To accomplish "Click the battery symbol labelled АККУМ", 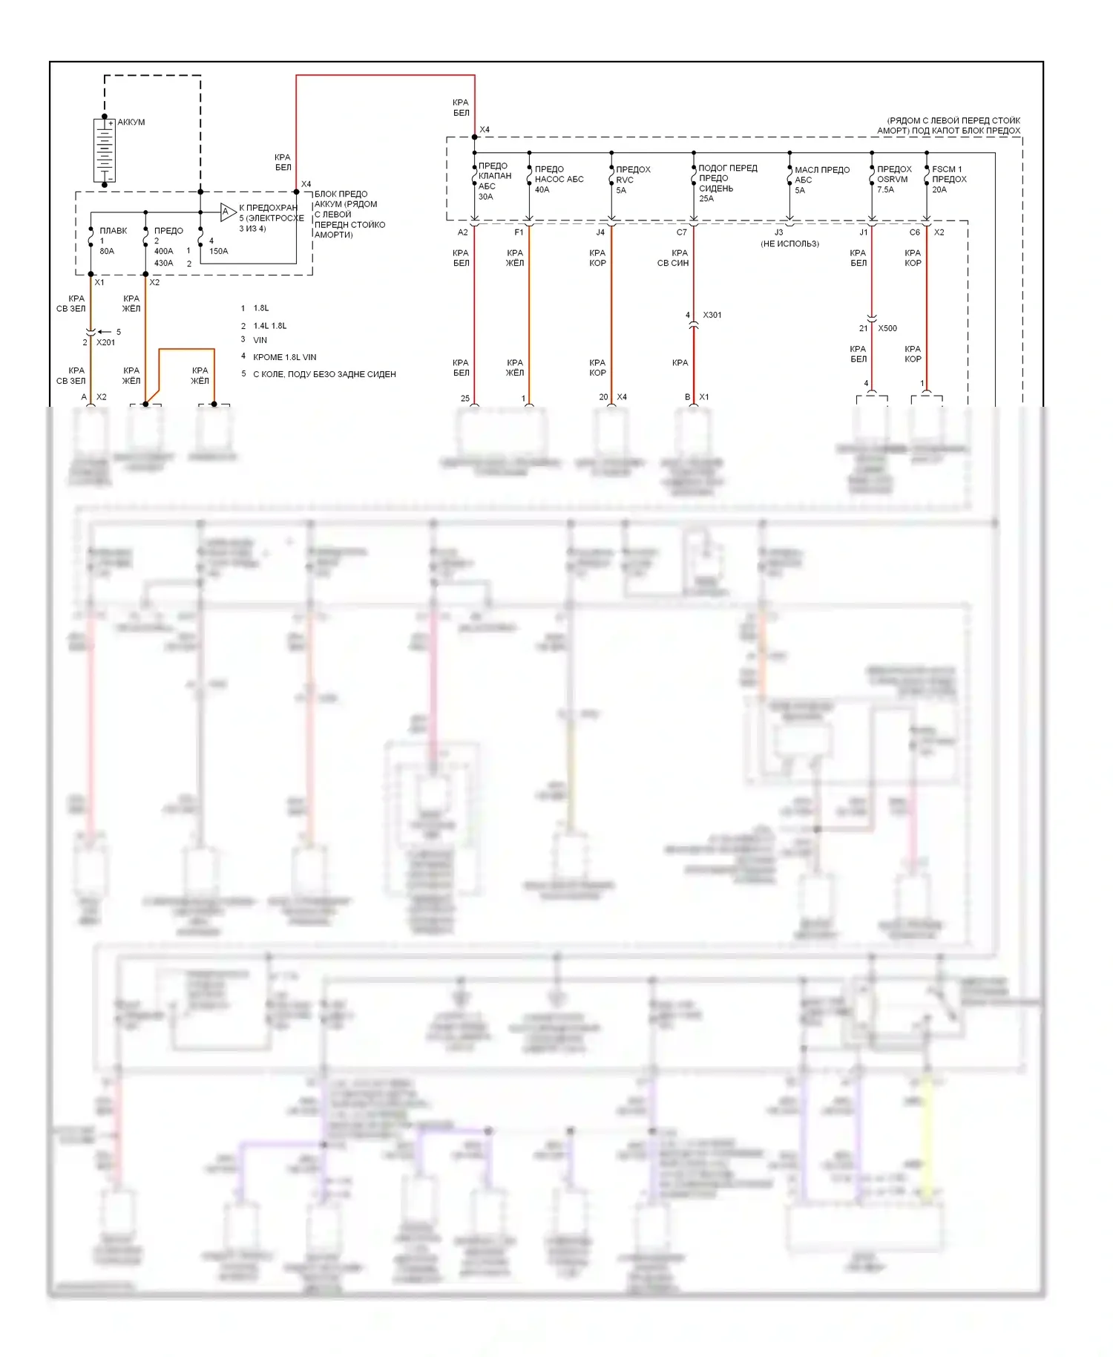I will pos(105,150).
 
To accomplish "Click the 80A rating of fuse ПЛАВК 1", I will pos(107,251).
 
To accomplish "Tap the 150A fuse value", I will pos(218,251).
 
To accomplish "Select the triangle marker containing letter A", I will pos(227,212).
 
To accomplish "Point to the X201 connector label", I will pos(105,342).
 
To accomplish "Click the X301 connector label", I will pos(712,315).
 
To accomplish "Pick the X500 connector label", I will pos(887,328).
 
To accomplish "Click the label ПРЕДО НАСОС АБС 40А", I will pos(558,179).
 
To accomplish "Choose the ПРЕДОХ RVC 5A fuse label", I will pos(632,180).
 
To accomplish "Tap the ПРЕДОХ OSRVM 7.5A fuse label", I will pos(893,179).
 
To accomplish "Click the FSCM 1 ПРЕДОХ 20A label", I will pos(948,179).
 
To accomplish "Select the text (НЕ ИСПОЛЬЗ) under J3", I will pos(789,243).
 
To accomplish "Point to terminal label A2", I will pos(462,232).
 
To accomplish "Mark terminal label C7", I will pos(681,232).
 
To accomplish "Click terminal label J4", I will pos(600,232).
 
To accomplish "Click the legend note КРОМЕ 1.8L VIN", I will pos(284,357).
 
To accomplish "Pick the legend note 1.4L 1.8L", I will pos(269,326).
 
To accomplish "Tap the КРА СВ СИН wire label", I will pos(673,258).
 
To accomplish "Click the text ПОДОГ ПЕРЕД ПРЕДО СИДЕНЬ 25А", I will pos(726,183).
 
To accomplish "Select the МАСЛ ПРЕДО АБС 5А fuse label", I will pos(821,180).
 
